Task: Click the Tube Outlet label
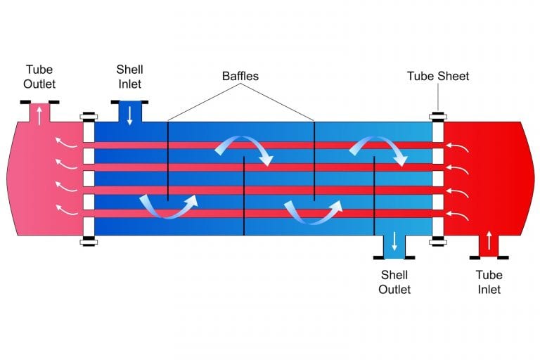pyautogui.click(x=39, y=77)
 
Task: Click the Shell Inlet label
pyautogui.click(x=129, y=77)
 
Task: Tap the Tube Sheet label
pyautogui.click(x=437, y=76)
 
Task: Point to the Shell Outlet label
pyautogui.click(x=394, y=282)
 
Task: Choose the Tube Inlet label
pyautogui.click(x=489, y=282)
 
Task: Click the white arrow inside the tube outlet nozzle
pyautogui.click(x=39, y=114)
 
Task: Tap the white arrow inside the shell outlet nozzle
pyautogui.click(x=394, y=241)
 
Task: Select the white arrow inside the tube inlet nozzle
pyautogui.click(x=489, y=244)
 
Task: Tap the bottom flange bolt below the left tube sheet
pyautogui.click(x=89, y=243)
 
